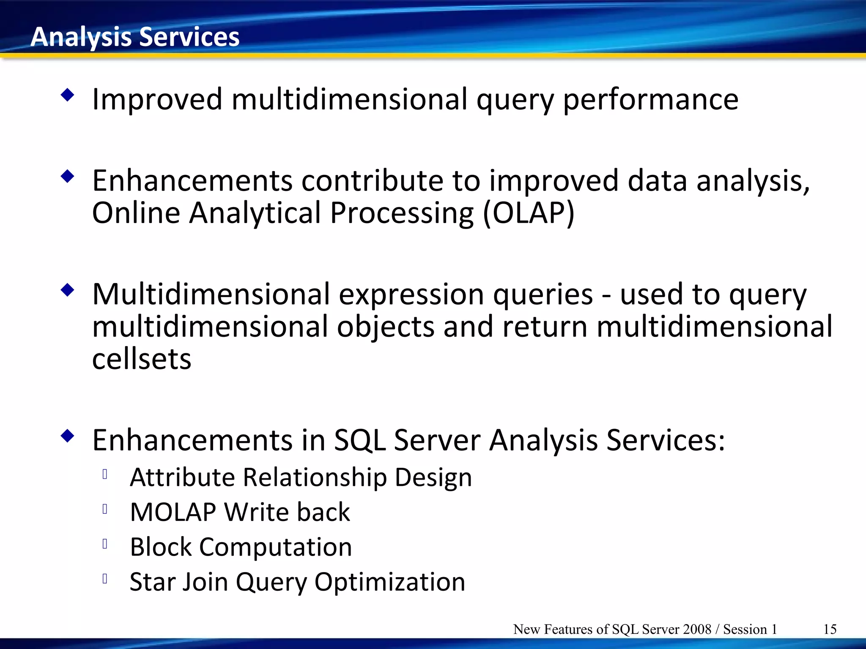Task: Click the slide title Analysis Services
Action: pos(135,37)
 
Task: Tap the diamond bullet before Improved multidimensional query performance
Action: pos(68,95)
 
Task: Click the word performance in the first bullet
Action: pos(650,100)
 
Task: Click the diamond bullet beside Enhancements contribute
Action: pos(68,176)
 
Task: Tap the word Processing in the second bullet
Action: pos(402,213)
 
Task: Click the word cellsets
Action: pos(142,359)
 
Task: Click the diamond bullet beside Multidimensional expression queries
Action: pos(68,290)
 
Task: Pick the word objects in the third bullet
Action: pos(386,327)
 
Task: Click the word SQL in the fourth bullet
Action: pos(359,440)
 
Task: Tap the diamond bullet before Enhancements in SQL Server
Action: pos(68,436)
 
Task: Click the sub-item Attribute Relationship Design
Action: pos(301,477)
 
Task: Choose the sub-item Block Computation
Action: pos(241,547)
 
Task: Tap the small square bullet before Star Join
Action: pos(105,578)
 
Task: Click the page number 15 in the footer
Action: pos(830,629)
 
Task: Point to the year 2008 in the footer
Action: pos(697,629)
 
